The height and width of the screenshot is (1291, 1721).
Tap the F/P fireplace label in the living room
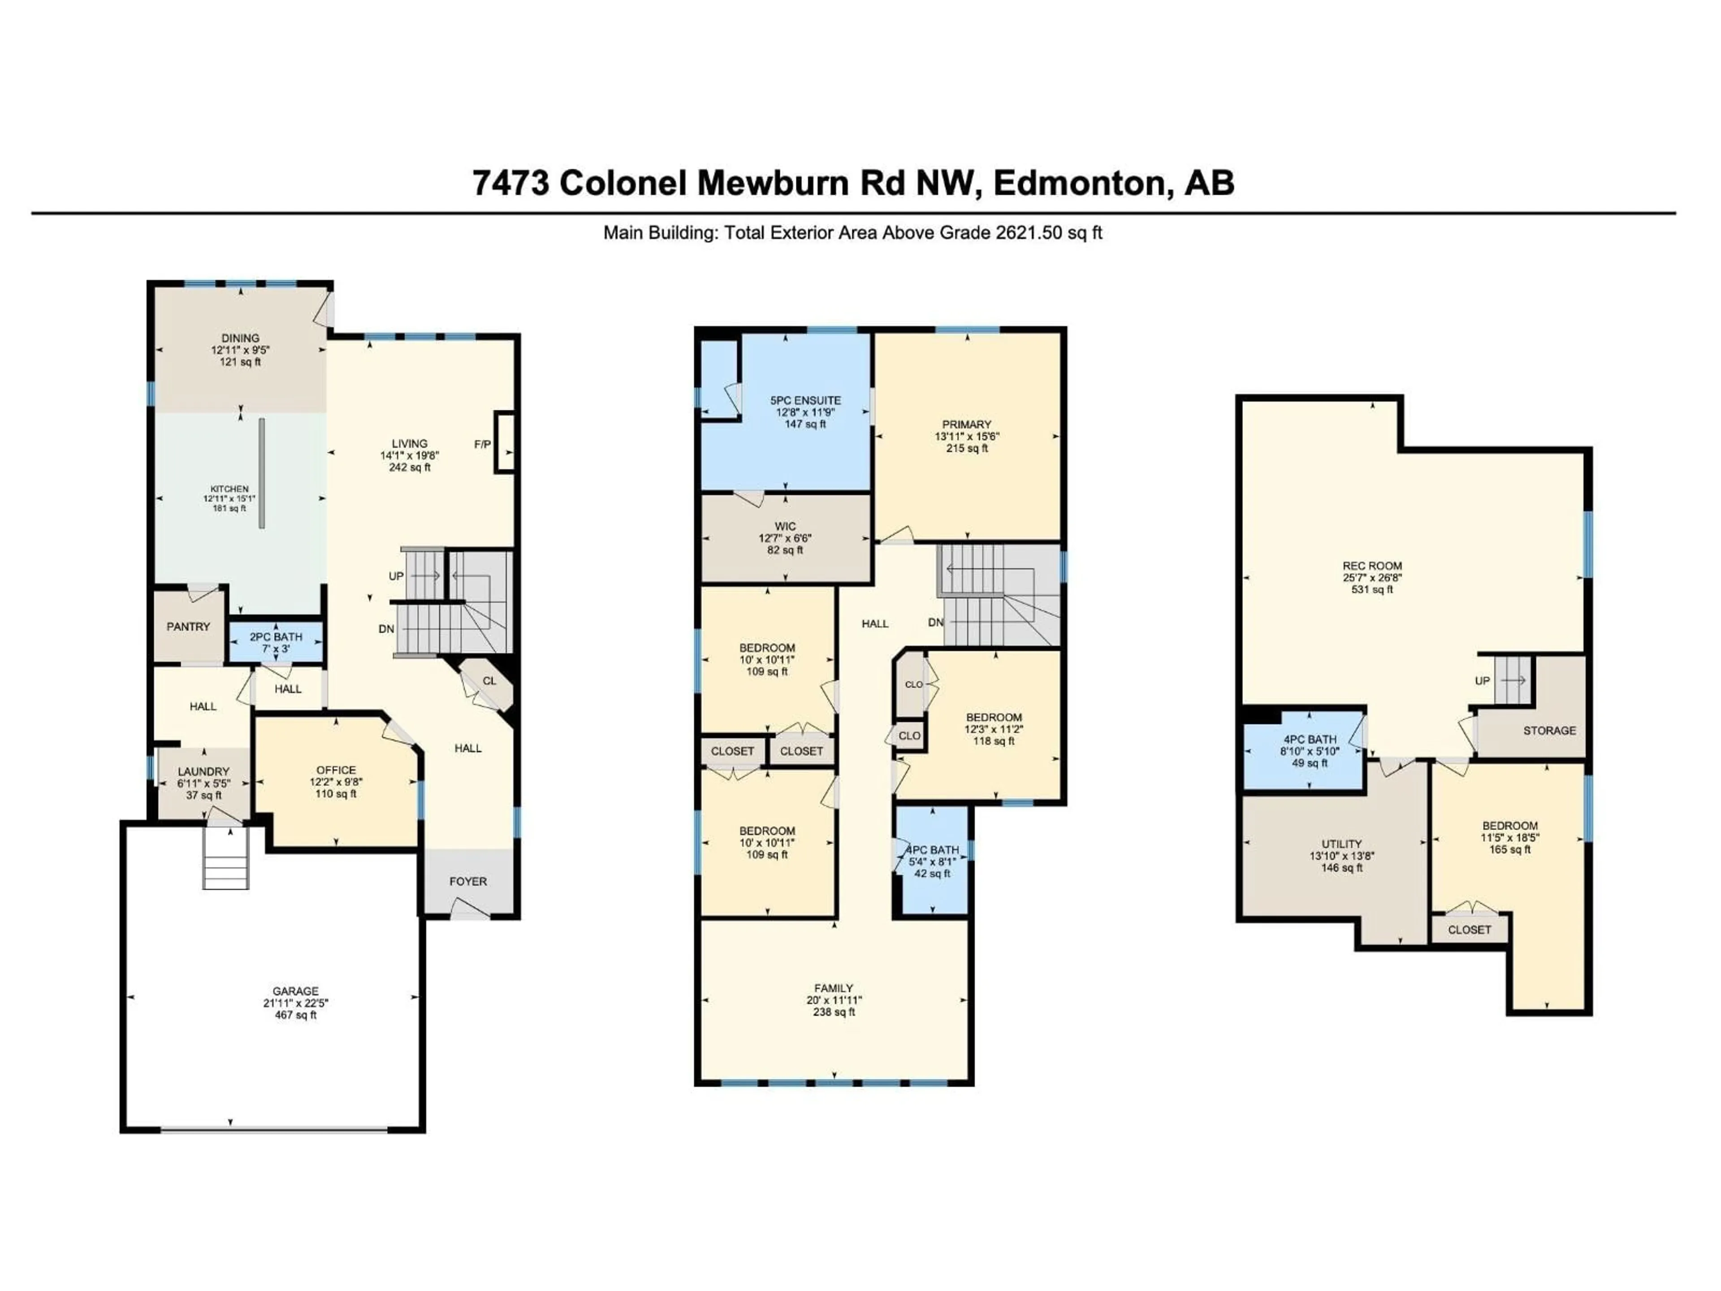(482, 444)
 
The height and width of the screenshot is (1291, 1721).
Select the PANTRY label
(188, 626)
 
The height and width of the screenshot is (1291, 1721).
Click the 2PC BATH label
(276, 637)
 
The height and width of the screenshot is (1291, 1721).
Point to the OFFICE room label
(336, 770)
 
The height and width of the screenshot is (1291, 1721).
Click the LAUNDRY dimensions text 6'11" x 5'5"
(204, 784)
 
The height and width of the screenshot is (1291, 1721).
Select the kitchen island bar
(262, 474)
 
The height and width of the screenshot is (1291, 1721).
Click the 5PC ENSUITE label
(805, 400)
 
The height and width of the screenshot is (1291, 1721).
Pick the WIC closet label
(785, 526)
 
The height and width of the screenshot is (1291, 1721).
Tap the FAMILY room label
(833, 988)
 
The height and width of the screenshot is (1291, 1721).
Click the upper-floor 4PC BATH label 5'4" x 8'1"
(932, 862)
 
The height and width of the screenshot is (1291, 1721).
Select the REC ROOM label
(1372, 566)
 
